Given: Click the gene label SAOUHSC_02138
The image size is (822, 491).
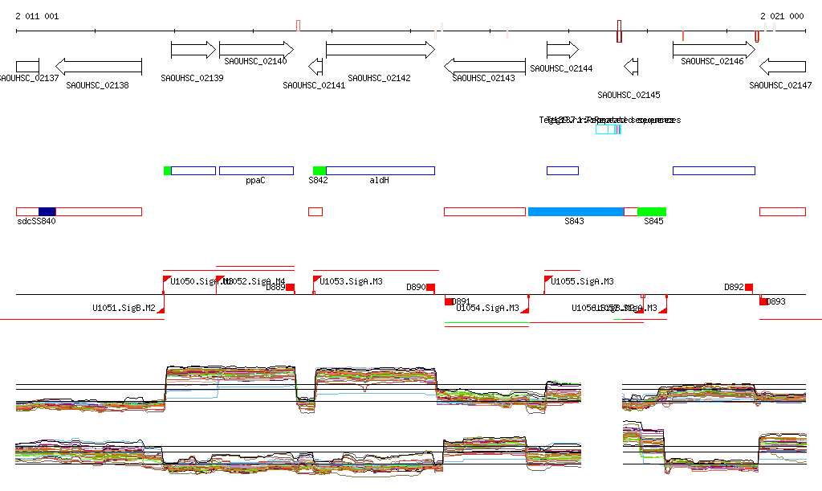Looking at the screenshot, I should point(97,84).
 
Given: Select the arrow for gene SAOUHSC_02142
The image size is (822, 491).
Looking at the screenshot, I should point(380,50).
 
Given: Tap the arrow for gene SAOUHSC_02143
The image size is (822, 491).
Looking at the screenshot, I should point(484,65).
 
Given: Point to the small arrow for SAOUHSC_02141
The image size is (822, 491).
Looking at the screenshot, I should point(315,66).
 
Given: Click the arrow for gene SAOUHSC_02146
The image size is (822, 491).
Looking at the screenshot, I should point(714,50).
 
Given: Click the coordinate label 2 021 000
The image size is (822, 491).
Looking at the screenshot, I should point(782,16).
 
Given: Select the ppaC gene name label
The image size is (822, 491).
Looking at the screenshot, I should point(256,181).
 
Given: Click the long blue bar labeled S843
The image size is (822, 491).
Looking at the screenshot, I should point(576,211).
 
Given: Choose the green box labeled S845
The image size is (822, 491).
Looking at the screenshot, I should point(651,211).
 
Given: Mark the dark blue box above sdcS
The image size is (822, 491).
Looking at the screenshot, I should point(47,211).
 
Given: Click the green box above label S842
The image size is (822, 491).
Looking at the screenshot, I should point(319,170).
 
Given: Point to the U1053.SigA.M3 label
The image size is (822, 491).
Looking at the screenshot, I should point(351,281).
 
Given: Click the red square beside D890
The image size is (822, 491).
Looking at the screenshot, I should point(431,287).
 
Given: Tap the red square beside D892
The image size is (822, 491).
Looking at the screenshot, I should point(749,287).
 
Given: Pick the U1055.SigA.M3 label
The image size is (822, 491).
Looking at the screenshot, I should point(582,281).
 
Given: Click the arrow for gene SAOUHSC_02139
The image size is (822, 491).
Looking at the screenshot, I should point(193,50).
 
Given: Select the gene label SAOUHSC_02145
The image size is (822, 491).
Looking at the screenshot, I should point(629,95).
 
